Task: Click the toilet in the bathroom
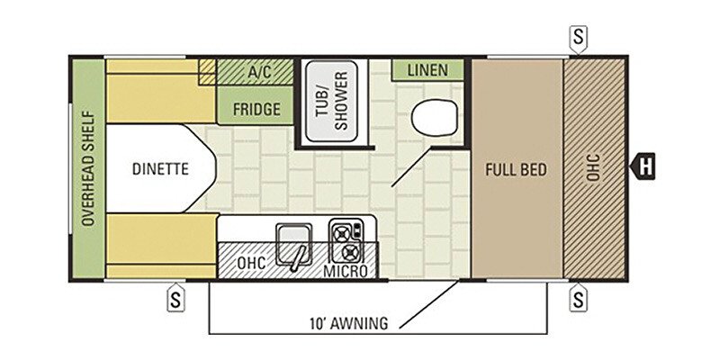click(x=435, y=118)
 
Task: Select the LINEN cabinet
click(x=427, y=70)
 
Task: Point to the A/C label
click(x=259, y=72)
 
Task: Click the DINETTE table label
click(x=160, y=169)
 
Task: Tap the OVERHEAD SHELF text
click(x=88, y=168)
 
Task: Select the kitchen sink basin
click(x=294, y=244)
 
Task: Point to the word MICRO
click(x=346, y=272)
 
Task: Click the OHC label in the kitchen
click(x=251, y=263)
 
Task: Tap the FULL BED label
click(x=517, y=170)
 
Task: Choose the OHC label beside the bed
click(x=594, y=167)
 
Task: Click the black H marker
click(x=643, y=166)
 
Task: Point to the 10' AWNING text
click(x=348, y=323)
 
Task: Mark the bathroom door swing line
click(x=412, y=167)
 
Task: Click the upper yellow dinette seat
click(x=161, y=91)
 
